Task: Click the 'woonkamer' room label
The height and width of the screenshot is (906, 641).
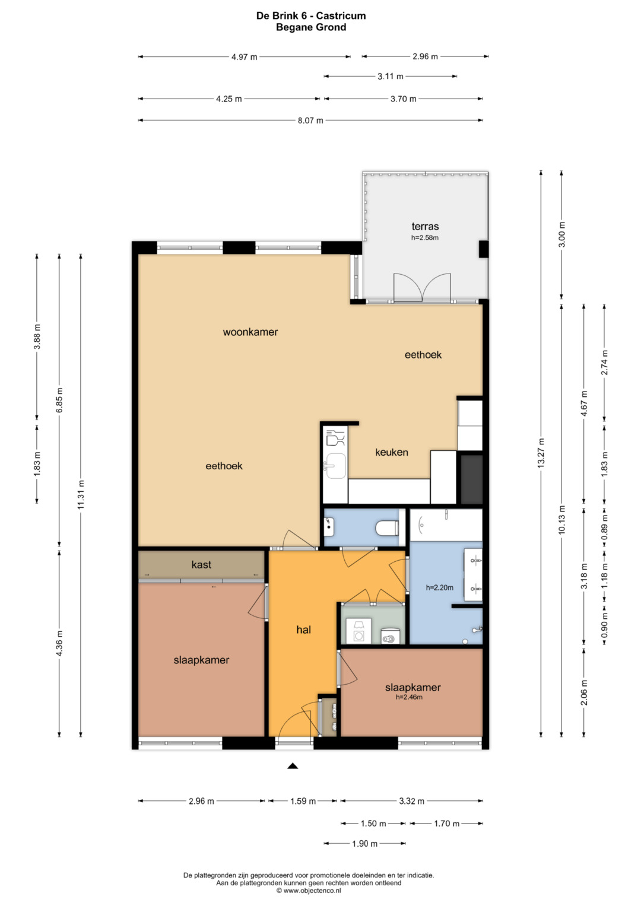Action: click(250, 332)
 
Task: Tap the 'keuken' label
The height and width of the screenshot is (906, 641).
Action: click(391, 452)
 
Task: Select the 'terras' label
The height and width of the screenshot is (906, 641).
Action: click(425, 227)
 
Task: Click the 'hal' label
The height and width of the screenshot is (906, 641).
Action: click(303, 630)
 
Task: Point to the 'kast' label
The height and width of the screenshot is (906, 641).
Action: click(201, 564)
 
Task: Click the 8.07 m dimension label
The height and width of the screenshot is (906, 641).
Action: click(310, 120)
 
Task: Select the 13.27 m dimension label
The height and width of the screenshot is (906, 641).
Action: click(541, 453)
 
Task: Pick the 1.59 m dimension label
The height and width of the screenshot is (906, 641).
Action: click(303, 801)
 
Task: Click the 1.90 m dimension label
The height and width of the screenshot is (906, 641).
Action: click(364, 844)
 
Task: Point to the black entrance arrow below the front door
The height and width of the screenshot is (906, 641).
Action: click(293, 765)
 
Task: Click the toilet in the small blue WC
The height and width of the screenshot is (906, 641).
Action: click(387, 528)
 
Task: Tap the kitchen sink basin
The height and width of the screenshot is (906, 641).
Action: click(335, 465)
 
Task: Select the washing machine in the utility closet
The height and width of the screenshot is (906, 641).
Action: click(358, 631)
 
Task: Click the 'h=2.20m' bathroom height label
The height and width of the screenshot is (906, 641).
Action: click(439, 588)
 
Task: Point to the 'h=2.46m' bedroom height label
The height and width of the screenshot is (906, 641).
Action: click(409, 697)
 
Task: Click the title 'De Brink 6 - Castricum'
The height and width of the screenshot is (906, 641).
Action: click(311, 16)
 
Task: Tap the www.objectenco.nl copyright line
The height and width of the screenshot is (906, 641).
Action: click(309, 890)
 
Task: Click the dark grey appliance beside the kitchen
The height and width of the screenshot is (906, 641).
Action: click(472, 479)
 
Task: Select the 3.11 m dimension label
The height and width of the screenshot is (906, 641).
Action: click(390, 77)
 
